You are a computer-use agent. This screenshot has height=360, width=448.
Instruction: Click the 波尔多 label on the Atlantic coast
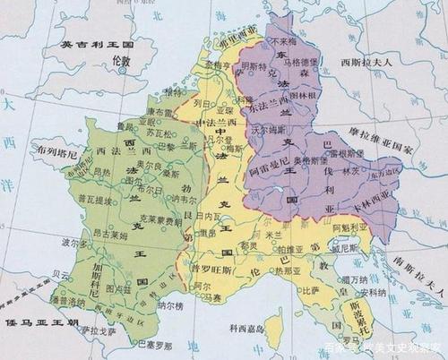tap(73, 243)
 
